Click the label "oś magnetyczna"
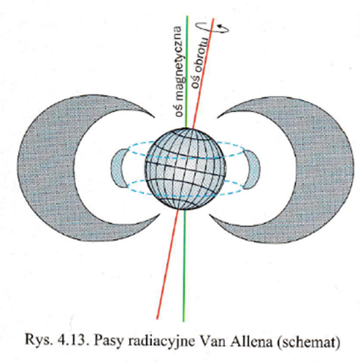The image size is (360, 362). point(179,72)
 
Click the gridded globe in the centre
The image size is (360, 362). point(185,169)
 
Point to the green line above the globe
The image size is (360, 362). point(187,72)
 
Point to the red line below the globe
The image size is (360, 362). point(167,265)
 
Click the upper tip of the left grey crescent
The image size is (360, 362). point(154,116)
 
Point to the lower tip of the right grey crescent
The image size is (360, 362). point(210,215)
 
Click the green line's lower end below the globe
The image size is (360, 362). point(184,321)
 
